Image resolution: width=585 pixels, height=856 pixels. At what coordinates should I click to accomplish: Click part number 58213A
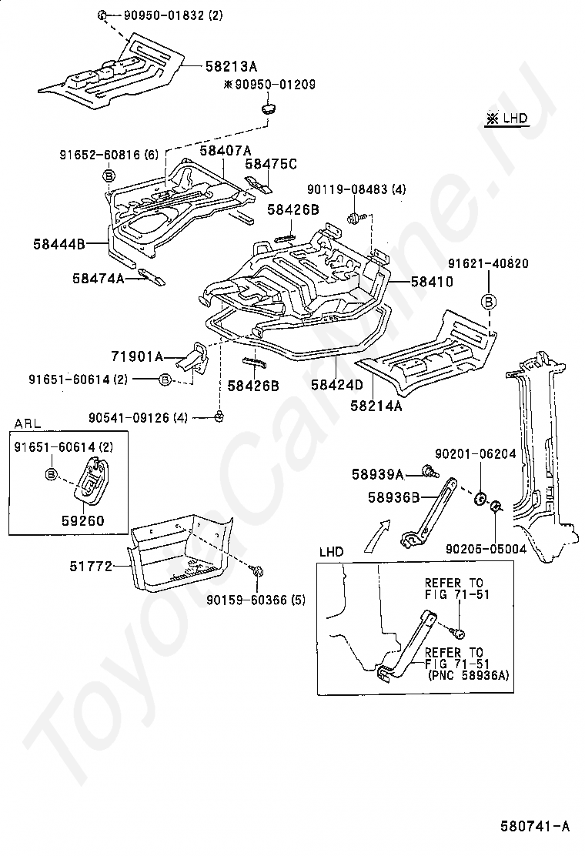coord(231,67)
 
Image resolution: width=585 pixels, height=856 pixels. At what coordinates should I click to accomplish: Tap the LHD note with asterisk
coord(507,119)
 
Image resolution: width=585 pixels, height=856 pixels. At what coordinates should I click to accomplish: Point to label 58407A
coord(226,151)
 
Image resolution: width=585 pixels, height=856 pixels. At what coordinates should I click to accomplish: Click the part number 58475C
coord(271,164)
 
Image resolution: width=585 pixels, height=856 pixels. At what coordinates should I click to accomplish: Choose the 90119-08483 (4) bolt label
coord(356,189)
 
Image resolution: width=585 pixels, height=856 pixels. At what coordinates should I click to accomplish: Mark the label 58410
coord(432,282)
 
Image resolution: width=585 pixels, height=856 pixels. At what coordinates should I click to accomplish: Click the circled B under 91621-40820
coord(489,301)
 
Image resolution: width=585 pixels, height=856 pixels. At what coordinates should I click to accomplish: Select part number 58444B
coord(59,244)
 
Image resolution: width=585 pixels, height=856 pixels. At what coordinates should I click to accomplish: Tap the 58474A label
coord(99,279)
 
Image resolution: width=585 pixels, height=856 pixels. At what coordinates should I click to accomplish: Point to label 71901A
coord(137,357)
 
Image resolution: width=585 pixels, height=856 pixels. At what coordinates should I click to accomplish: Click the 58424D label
coord(336,385)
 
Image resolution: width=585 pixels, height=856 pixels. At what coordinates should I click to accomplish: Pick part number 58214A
coord(376,406)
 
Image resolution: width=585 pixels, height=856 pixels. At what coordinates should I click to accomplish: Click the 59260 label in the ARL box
coord(82,520)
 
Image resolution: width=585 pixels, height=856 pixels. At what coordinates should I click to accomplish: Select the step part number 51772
coord(91,566)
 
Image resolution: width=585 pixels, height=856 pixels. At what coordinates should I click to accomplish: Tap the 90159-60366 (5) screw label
coord(256,600)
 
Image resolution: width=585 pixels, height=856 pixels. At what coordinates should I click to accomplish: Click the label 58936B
coord(393,497)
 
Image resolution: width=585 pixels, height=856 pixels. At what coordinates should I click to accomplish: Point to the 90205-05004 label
coord(486,549)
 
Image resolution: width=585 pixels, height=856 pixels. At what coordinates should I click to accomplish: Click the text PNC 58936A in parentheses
coord(468,675)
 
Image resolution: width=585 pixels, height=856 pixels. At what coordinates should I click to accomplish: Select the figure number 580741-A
coord(535,826)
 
